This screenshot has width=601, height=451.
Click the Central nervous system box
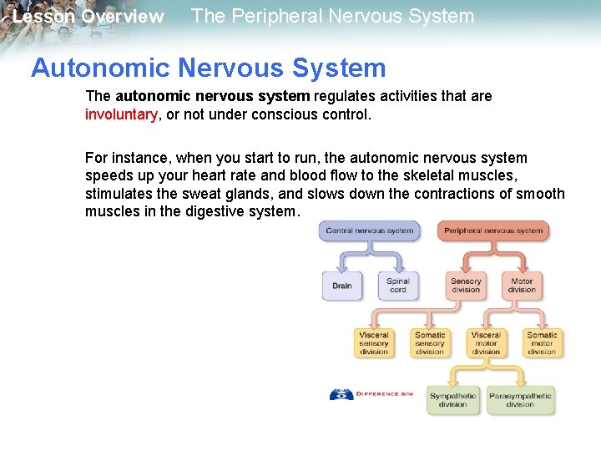tap(369, 231)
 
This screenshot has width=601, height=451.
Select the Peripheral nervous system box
tap(493, 231)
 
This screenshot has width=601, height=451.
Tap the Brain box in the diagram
tap(342, 286)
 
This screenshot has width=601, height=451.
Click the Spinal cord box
tap(398, 286)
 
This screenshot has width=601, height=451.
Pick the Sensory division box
tap(466, 286)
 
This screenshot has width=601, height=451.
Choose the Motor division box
tap(522, 286)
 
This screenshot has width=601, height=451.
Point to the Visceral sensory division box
tap(374, 343)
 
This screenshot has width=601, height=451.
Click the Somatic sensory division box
tap(430, 343)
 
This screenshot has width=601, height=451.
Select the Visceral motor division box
tap(486, 343)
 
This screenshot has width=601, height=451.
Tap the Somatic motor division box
tap(542, 343)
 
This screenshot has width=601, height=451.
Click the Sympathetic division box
tap(452, 399)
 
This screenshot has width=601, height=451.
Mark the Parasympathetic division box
tap(519, 399)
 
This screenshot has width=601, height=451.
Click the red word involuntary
tap(121, 115)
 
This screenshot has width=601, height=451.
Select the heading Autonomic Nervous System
tap(209, 68)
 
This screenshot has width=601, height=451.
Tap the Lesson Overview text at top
tap(88, 17)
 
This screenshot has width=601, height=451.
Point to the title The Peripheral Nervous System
tap(332, 16)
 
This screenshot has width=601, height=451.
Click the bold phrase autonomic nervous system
tap(213, 96)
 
